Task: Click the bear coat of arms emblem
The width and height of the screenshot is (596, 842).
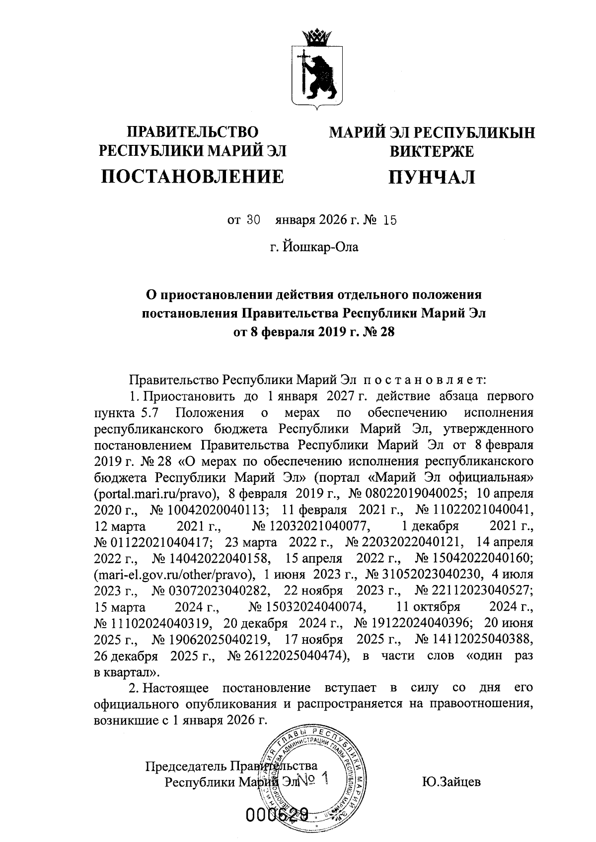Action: (314, 74)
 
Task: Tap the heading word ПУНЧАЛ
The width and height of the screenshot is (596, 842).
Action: (432, 177)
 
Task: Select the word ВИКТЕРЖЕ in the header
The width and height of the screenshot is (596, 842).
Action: (432, 151)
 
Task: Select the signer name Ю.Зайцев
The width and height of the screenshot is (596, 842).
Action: (451, 782)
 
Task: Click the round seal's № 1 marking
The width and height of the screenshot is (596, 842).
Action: (313, 780)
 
